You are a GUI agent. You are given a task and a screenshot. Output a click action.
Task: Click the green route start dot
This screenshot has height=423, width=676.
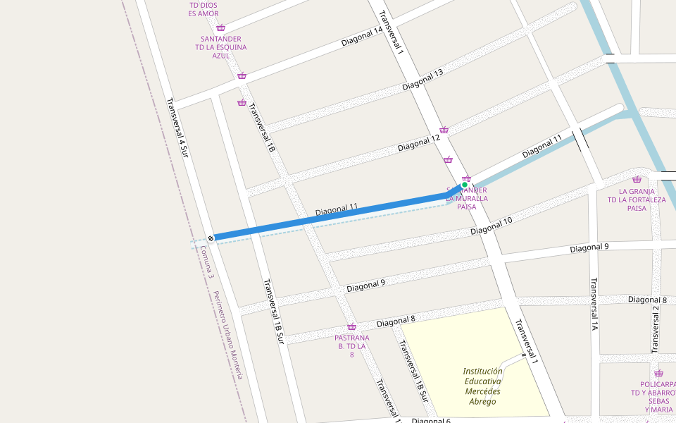[465, 185]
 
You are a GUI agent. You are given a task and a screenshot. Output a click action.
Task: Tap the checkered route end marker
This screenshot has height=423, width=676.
[211, 238]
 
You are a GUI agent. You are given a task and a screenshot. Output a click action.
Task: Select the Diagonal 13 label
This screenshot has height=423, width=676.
[423, 80]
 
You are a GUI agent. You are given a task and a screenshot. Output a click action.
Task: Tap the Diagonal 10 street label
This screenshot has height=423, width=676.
[492, 226]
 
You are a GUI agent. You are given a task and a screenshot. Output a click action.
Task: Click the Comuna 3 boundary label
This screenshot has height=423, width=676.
[206, 262]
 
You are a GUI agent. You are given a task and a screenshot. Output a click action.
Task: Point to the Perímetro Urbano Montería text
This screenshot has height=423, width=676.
[229, 336]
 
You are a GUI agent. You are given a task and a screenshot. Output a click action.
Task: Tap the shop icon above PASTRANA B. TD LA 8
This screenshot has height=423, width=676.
[351, 327]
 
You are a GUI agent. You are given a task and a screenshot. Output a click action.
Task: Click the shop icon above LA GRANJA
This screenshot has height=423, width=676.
[637, 180]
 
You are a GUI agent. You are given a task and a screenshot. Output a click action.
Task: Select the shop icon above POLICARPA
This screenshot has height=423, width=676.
[658, 374]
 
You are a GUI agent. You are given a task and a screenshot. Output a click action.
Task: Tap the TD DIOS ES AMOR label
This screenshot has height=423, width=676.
[204, 9]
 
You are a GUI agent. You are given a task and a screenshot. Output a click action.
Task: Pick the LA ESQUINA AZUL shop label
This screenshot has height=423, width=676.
[221, 47]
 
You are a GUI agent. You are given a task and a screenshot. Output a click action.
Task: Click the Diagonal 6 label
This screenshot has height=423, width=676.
[431, 420]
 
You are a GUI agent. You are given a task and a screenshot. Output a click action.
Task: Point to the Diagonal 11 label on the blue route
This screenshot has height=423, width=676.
[337, 209]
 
